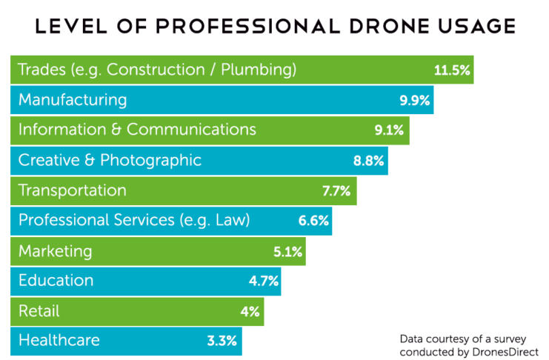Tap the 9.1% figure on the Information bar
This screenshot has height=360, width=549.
pos(389,131)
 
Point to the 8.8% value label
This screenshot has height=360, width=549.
pos(367,161)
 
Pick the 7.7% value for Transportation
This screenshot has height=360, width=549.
pos(336,191)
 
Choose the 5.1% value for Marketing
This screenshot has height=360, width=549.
pos(287,252)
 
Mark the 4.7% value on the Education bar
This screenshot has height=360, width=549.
pos(263,281)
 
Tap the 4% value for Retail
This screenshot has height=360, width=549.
pos(249,312)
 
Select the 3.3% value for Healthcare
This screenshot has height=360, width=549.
pos(222,341)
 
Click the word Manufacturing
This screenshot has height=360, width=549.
pos(73,100)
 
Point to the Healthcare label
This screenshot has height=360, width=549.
pos(59,341)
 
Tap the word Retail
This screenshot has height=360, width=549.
pos(39,311)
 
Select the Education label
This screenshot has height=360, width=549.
pos(56,281)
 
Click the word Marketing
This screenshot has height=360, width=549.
pos(55,251)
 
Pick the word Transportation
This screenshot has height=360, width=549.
pos(72,190)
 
